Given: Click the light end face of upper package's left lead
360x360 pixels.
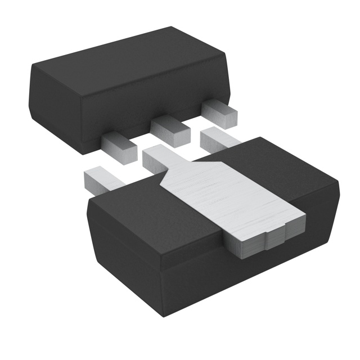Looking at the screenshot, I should coord(127,150).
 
